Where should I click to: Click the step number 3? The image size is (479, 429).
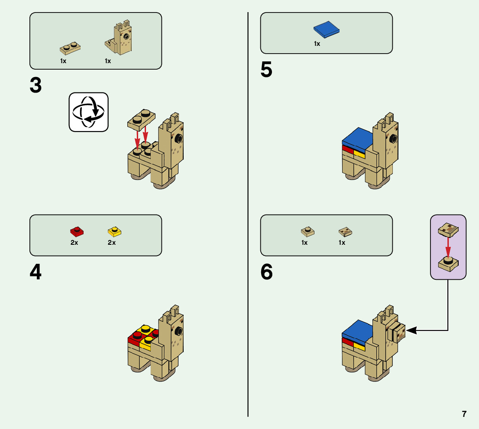pyautogui.click(x=36, y=85)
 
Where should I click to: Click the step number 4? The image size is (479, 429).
pyautogui.click(x=36, y=272)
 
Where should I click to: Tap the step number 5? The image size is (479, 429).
pyautogui.click(x=267, y=70)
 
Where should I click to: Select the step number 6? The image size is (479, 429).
pyautogui.click(x=267, y=272)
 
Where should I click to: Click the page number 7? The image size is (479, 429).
pyautogui.click(x=464, y=414)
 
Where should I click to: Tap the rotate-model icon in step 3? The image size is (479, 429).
pyautogui.click(x=88, y=112)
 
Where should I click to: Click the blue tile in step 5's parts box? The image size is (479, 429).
pyautogui.click(x=326, y=29)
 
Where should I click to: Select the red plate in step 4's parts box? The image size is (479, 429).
pyautogui.click(x=77, y=231)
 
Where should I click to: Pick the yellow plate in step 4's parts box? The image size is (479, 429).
pyautogui.click(x=114, y=231)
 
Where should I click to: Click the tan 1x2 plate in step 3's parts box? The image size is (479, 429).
pyautogui.click(x=71, y=47)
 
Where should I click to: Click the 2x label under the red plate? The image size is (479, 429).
pyautogui.click(x=74, y=243)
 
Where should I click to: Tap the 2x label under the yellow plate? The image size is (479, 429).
pyautogui.click(x=112, y=243)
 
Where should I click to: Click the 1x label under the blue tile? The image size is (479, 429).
pyautogui.click(x=317, y=44)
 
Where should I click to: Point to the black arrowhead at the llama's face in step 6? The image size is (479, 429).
pyautogui.click(x=410, y=330)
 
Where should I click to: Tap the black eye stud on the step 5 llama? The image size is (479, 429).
pyautogui.click(x=393, y=138)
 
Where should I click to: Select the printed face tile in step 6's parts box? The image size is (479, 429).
pyautogui.click(x=345, y=232)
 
